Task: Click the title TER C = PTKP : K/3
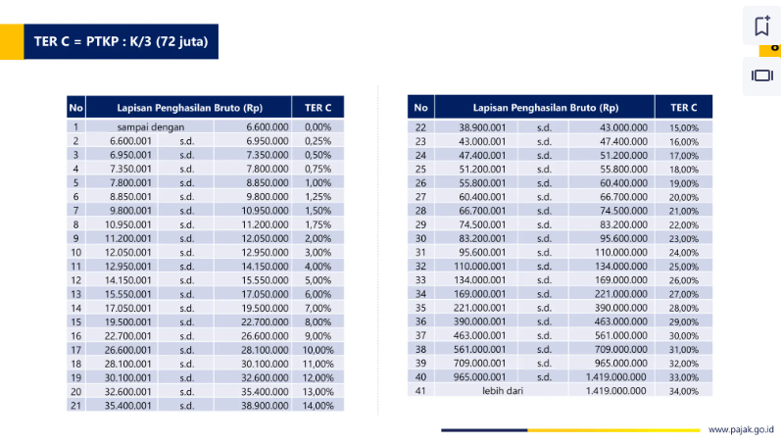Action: [121, 42]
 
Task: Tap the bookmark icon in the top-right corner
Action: [761, 26]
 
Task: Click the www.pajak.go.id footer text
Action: [741, 429]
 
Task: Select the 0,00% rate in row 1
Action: [317, 127]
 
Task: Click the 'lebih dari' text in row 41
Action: [503, 390]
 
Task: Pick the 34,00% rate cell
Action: [684, 391]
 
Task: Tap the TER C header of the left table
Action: [318, 107]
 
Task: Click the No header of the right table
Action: [420, 107]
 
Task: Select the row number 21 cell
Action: [75, 405]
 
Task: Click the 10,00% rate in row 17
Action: [317, 350]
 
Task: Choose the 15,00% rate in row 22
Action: [684, 128]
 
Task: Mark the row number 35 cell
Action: [420, 308]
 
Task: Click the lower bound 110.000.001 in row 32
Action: [479, 266]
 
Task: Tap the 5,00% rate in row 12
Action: [317, 280]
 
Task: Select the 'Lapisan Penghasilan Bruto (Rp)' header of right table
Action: [545, 107]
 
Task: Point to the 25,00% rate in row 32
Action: [684, 267]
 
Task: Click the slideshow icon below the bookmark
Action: [761, 74]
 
